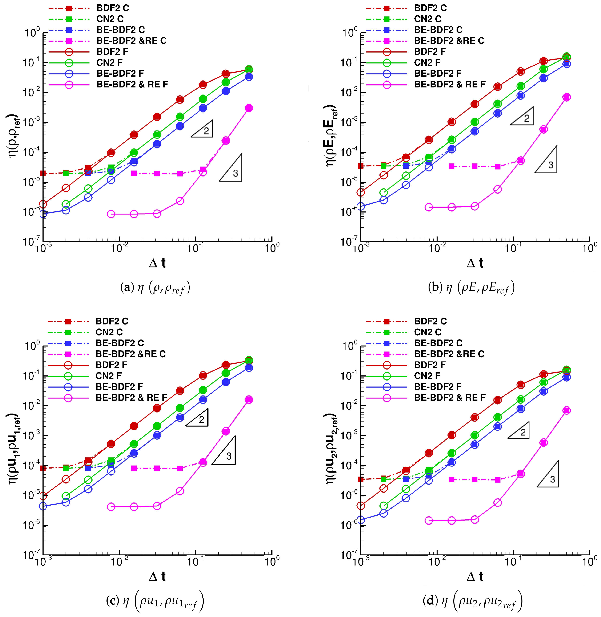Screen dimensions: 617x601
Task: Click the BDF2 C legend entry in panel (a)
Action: click(x=112, y=8)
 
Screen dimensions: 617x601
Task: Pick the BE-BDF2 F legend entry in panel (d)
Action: click(x=438, y=387)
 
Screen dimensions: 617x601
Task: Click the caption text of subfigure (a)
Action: click(x=156, y=288)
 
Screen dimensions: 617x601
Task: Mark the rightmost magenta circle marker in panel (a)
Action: click(x=249, y=108)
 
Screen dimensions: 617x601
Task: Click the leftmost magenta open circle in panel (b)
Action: click(x=429, y=207)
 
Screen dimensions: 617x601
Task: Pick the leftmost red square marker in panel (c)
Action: click(x=43, y=468)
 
